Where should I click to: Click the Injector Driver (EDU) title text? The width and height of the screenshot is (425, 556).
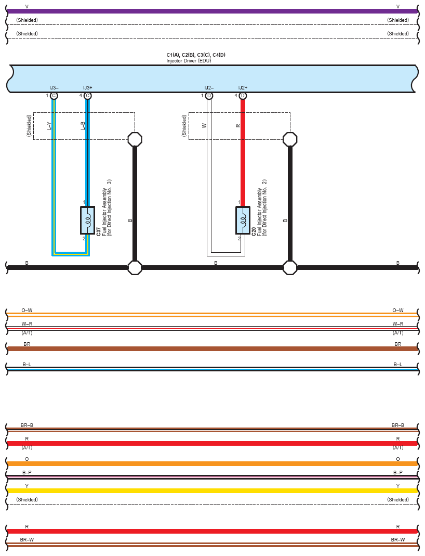(x=189, y=61)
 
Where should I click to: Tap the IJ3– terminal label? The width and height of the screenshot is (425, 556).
(x=54, y=87)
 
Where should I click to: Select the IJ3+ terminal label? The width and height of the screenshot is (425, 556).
(x=88, y=87)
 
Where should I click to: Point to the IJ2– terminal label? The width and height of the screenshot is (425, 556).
(x=209, y=87)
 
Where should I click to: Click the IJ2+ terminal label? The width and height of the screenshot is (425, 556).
(x=243, y=87)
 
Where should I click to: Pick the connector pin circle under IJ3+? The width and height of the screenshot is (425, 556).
(x=88, y=96)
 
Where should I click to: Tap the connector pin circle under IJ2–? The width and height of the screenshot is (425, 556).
(x=209, y=96)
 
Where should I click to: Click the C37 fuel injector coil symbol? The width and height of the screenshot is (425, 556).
(x=87, y=220)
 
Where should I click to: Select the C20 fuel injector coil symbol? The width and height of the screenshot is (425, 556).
(x=243, y=220)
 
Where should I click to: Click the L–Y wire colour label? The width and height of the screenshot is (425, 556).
(x=49, y=126)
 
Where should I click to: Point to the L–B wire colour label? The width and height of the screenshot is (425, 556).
(x=83, y=126)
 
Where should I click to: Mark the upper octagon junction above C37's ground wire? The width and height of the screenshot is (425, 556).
(x=135, y=139)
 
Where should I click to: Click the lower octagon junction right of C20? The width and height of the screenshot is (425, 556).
(x=290, y=268)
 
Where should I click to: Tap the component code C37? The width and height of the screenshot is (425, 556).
(x=99, y=231)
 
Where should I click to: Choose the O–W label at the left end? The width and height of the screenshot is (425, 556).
(x=27, y=311)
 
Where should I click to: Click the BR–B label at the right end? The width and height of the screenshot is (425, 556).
(x=398, y=425)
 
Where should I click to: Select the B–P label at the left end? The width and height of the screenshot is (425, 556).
(x=27, y=472)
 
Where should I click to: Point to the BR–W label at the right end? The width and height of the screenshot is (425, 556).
(x=398, y=540)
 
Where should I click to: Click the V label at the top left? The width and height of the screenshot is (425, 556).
(x=27, y=7)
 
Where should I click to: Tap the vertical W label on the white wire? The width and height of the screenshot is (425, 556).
(x=204, y=126)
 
